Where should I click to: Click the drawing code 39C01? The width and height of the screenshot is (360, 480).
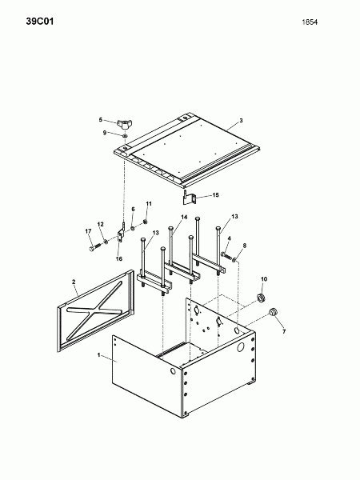40,22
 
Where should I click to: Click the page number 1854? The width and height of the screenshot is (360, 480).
310,22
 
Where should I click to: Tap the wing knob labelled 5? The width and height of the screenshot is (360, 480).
124,125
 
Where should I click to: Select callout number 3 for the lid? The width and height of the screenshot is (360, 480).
241,121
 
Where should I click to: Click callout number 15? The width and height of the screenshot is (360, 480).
216,195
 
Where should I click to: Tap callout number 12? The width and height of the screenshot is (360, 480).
101,224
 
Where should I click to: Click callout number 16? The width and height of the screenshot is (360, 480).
119,258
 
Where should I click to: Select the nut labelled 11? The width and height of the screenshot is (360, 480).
146,222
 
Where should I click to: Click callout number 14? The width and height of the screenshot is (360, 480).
184,217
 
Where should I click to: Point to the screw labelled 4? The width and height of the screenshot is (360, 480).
226,254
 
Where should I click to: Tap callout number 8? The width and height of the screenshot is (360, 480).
244,246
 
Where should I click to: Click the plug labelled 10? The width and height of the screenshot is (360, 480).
261,298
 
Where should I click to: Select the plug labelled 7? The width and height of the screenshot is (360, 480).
273,312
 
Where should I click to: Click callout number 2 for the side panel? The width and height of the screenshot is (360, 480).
74,282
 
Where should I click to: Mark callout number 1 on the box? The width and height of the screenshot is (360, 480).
98,354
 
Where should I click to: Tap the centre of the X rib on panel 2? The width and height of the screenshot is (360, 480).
94,310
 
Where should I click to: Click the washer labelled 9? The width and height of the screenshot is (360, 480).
125,136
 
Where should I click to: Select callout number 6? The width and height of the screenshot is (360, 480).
133,209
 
